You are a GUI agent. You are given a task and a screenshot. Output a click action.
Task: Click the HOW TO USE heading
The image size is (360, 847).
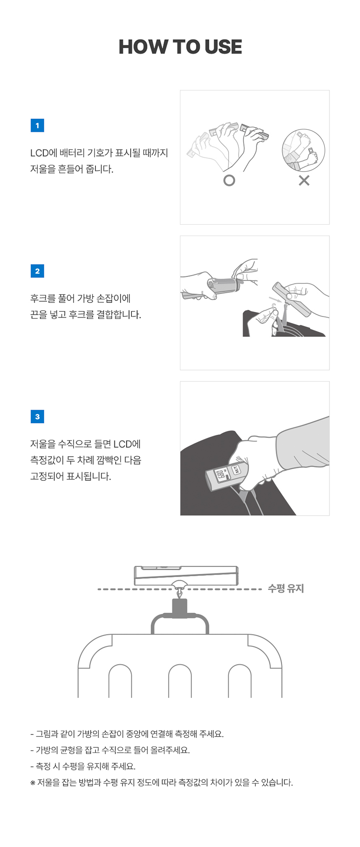180,46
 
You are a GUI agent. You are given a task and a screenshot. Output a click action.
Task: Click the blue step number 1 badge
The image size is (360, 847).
37,125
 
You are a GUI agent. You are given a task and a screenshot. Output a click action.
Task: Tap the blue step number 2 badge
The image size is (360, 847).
37,271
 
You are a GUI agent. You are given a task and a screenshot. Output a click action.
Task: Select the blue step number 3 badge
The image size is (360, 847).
37,416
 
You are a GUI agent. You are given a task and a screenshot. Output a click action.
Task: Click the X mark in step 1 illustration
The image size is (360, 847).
304,180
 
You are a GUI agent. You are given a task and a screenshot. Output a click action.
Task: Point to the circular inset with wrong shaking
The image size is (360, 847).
303,150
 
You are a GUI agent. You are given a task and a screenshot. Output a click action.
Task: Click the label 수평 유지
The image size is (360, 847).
286,588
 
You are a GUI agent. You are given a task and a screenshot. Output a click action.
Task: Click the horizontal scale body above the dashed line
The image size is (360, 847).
186,575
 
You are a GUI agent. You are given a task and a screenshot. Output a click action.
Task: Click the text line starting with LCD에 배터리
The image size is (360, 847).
99,153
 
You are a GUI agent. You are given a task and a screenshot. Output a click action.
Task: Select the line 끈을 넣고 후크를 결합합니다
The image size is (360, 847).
85,315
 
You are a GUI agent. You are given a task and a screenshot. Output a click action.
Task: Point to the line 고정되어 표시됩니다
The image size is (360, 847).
71,476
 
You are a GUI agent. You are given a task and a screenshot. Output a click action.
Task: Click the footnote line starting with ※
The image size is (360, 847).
162,782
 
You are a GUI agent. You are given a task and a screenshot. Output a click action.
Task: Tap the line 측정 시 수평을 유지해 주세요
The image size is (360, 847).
83,766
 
